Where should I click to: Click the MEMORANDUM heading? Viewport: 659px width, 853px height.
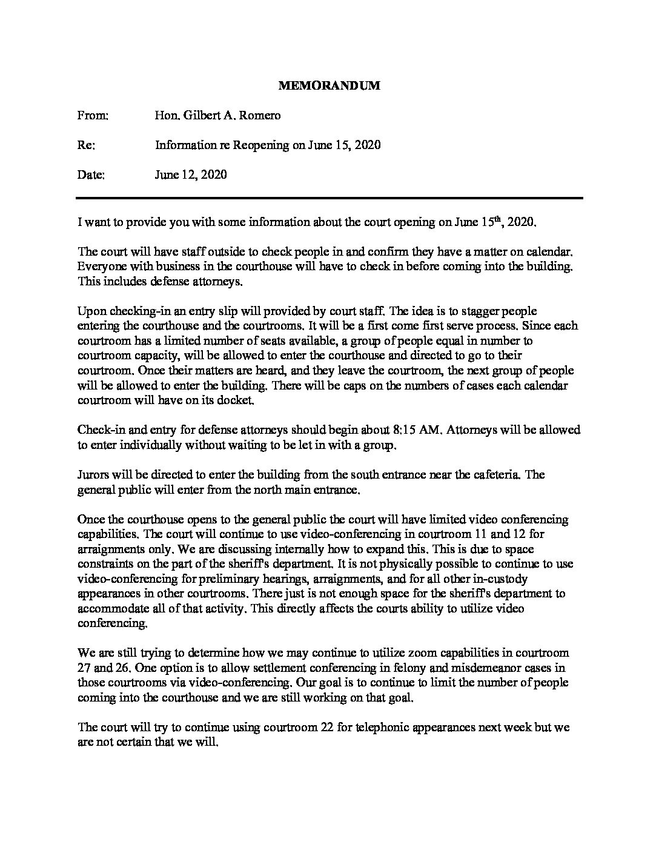pos(329,85)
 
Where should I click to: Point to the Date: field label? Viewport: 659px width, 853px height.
pos(91,174)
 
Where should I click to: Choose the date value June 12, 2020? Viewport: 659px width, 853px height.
pos(191,174)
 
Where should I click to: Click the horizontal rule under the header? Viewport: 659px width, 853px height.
pos(329,198)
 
